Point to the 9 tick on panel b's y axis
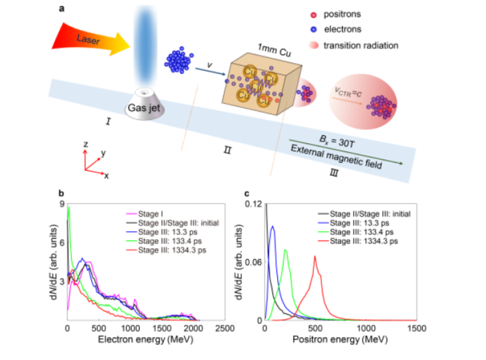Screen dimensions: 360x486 coord(62,204)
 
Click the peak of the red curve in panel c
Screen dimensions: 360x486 coord(314,257)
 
